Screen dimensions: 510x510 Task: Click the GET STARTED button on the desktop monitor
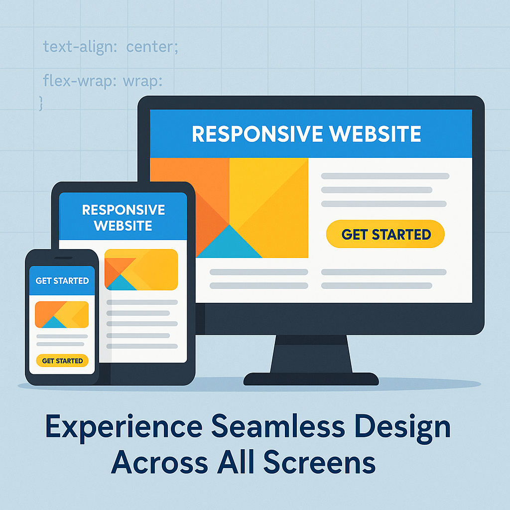(x=385, y=234)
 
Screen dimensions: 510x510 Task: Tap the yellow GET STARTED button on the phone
(x=62, y=361)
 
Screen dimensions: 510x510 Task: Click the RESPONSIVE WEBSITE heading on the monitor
(x=306, y=133)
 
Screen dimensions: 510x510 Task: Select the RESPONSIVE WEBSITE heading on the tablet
(x=124, y=218)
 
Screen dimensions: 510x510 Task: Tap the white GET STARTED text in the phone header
(x=62, y=281)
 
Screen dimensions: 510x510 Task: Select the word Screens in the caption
(x=319, y=462)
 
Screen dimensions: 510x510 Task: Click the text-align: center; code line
(x=111, y=47)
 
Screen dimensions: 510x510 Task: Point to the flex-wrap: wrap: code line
(x=103, y=81)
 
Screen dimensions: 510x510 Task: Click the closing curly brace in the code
(x=41, y=104)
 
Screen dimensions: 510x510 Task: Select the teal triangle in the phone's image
(x=54, y=323)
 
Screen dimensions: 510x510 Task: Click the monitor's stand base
(x=311, y=379)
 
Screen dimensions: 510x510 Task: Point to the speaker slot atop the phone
(x=63, y=258)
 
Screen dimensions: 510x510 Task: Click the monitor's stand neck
(x=311, y=354)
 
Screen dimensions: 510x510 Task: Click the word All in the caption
(x=236, y=462)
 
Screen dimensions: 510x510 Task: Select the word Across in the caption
(x=159, y=462)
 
